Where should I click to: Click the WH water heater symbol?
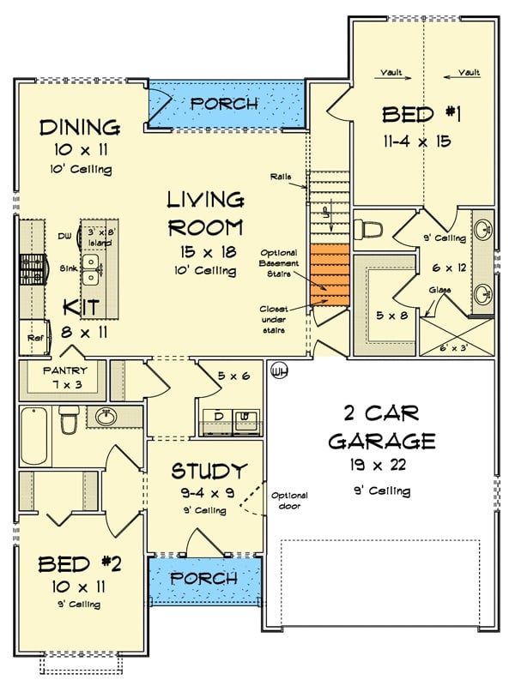278,371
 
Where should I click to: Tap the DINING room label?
79,128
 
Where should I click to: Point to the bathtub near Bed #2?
35,436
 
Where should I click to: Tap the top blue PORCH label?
223,104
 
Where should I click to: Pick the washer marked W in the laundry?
246,419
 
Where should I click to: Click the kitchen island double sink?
91,271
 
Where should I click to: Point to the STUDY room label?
209,471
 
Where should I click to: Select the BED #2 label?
76,564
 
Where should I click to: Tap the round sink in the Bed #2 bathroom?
106,418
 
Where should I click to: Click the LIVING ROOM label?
205,214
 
